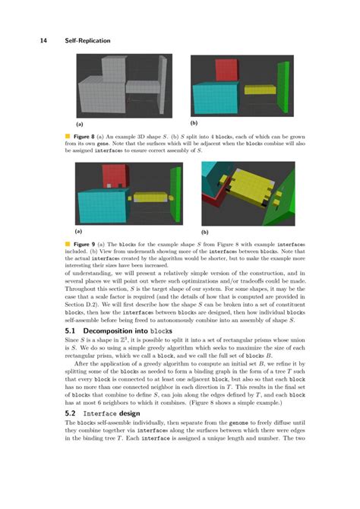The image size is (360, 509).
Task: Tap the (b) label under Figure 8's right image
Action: click(194, 122)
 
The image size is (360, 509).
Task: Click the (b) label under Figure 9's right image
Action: click(204, 230)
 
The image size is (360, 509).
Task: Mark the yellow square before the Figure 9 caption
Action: click(68, 245)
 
